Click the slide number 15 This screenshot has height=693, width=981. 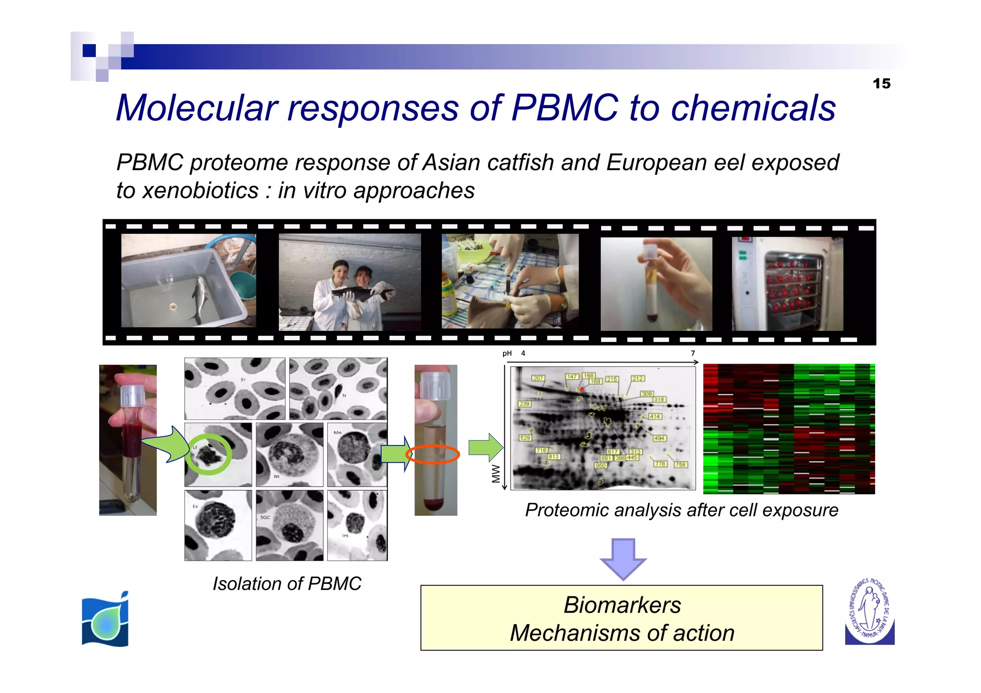[881, 84]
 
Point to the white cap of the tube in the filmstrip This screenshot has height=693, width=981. [650, 252]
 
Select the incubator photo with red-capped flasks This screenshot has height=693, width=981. [787, 284]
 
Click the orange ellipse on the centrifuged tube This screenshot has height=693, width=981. [433, 454]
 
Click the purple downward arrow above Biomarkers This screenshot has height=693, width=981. [623, 558]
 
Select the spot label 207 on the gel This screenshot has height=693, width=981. [538, 378]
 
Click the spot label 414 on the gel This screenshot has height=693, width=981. [655, 417]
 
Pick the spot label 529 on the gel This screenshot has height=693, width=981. [525, 438]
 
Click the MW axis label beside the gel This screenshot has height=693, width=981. [496, 474]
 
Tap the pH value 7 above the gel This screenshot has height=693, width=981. [693, 353]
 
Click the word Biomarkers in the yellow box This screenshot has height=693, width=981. [622, 605]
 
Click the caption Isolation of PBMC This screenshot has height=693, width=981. [286, 584]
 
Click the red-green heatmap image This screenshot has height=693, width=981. [788, 429]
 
